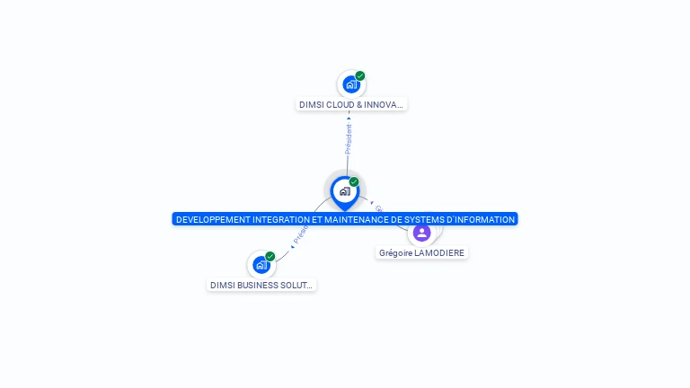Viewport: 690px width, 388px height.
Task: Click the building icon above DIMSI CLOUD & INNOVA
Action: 350,84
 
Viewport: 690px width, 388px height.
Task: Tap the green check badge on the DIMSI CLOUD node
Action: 360,76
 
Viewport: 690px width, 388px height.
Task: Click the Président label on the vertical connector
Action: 349,138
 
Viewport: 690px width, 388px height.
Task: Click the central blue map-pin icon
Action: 344,191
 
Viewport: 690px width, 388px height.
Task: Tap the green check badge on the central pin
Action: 354,182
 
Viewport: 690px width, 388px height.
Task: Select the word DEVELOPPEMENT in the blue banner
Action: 213,219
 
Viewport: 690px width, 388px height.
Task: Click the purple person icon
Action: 421,233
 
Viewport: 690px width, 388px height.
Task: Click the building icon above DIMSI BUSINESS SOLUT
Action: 261,265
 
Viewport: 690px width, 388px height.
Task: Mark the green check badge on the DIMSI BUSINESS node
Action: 270,257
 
